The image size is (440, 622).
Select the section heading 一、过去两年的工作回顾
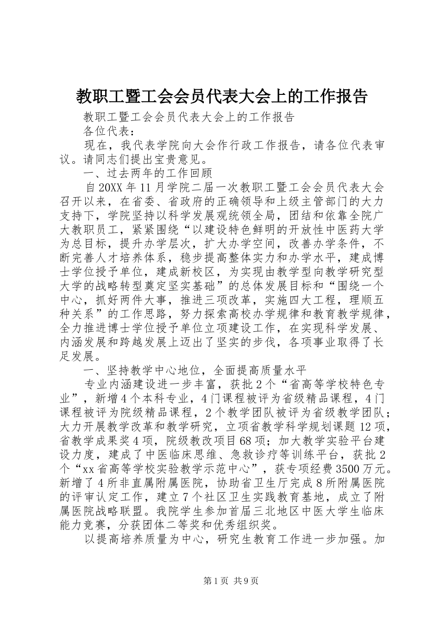[147, 174]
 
